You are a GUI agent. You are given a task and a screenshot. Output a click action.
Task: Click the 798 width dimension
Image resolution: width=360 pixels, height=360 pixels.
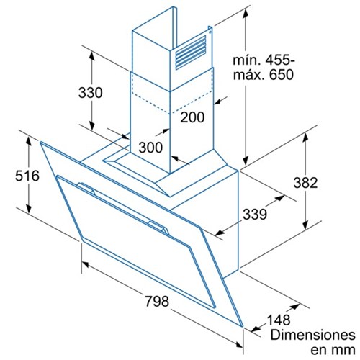[157, 301]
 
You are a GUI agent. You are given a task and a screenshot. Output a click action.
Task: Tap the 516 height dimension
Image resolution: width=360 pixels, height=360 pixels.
[27, 176]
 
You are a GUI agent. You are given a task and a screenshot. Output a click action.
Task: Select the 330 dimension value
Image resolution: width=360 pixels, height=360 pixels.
[91, 93]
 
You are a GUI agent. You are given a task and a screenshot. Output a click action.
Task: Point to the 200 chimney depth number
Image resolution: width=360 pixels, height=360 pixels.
[192, 117]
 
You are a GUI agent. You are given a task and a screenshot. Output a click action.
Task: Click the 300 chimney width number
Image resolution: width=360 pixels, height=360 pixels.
[150, 147]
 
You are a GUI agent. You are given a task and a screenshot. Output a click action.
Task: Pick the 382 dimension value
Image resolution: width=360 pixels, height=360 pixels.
[305, 183]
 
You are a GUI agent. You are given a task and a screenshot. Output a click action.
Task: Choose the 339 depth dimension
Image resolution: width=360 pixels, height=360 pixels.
[255, 214]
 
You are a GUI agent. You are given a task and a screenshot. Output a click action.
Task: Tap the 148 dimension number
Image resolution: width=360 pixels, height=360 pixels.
[279, 320]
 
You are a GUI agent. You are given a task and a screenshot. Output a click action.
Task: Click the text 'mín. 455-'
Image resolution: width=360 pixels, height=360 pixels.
[264, 60]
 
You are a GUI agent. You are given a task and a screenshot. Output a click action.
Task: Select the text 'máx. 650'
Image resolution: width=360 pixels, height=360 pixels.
[264, 75]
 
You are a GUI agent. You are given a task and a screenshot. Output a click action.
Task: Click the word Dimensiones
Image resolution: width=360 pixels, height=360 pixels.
[313, 335]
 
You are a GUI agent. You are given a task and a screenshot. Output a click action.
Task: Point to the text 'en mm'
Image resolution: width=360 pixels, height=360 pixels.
[333, 350]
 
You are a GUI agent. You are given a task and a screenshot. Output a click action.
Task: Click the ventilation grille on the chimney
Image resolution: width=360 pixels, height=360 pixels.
[191, 53]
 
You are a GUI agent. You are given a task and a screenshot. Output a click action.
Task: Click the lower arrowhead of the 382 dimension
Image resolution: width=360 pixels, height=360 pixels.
[305, 225]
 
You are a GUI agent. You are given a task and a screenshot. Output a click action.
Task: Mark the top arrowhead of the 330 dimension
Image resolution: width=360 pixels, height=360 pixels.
[91, 56]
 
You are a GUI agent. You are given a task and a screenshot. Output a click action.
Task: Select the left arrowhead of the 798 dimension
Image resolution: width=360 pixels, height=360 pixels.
[86, 264]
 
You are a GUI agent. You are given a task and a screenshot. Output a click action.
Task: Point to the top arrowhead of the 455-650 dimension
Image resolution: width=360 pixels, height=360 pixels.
[246, 15]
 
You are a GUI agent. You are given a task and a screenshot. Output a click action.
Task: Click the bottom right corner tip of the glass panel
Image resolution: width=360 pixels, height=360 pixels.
[243, 326]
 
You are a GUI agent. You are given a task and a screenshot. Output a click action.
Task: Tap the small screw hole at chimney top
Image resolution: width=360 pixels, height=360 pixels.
[210, 32]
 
